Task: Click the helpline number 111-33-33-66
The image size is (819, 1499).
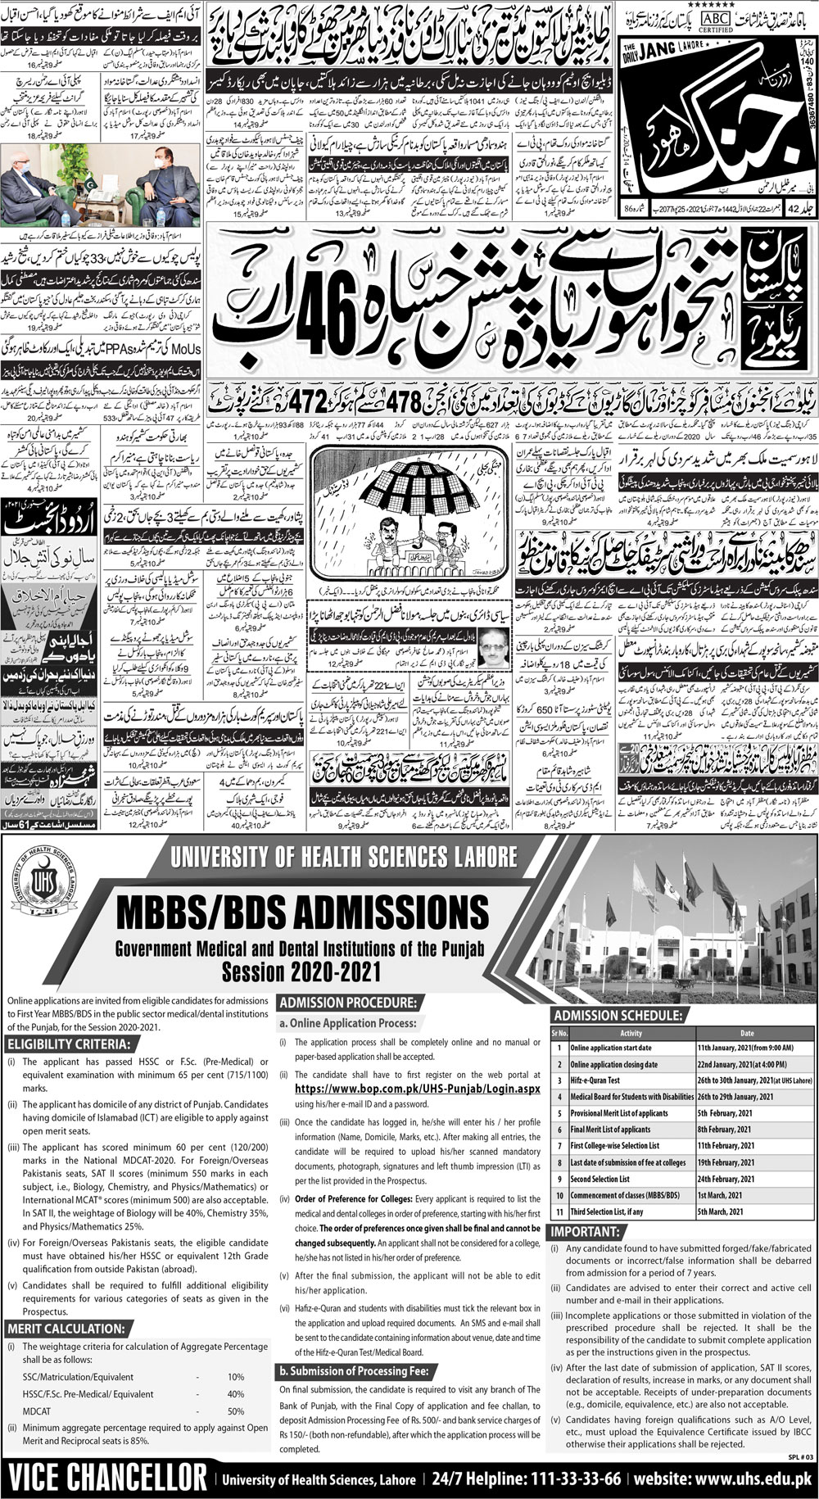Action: [558, 1477]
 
